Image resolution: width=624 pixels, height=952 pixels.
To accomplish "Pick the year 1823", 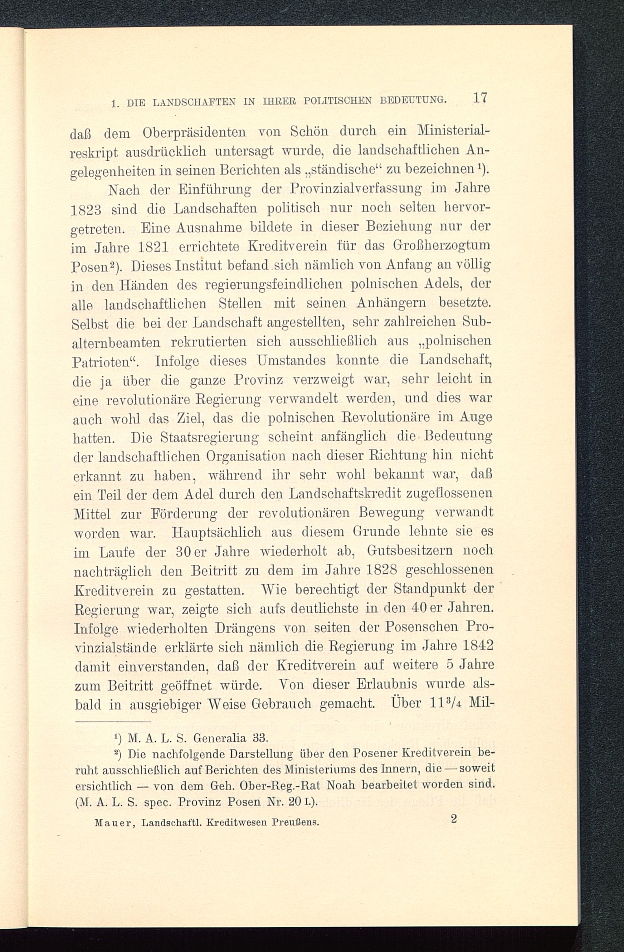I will click(x=88, y=210).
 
